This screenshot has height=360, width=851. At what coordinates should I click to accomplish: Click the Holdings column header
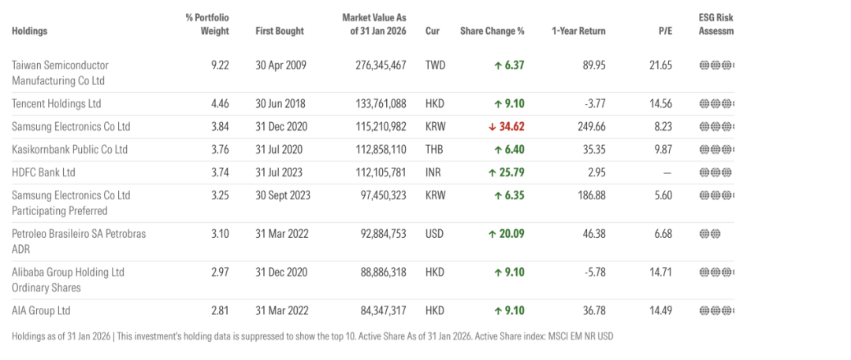pyautogui.click(x=30, y=32)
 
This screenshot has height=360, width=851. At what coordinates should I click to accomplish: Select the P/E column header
pyautogui.click(x=665, y=32)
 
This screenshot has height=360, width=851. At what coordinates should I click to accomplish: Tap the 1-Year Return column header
pyautogui.click(x=578, y=32)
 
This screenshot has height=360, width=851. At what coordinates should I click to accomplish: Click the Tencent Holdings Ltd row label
pyautogui.click(x=57, y=104)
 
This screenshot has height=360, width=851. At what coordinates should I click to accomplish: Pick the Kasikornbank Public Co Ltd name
pyautogui.click(x=69, y=150)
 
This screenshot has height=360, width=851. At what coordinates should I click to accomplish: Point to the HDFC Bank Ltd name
pyautogui.click(x=44, y=173)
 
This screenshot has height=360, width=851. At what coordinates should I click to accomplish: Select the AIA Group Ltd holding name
pyautogui.click(x=41, y=310)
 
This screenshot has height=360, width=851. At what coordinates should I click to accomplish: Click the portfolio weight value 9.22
pyautogui.click(x=220, y=65)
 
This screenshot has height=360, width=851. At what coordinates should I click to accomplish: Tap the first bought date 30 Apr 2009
pyautogui.click(x=280, y=65)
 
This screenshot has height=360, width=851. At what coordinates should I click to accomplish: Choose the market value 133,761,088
pyautogui.click(x=380, y=104)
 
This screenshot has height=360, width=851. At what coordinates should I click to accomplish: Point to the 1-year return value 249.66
pyautogui.click(x=589, y=127)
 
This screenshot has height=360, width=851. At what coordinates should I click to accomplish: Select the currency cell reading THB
pyautogui.click(x=435, y=150)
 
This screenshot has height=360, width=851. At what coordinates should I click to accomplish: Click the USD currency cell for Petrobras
pyautogui.click(x=435, y=234)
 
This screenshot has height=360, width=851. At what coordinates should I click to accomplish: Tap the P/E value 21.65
pyautogui.click(x=660, y=65)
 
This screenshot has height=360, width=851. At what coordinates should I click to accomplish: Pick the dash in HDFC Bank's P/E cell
pyautogui.click(x=667, y=173)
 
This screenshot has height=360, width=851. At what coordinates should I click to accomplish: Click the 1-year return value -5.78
pyautogui.click(x=592, y=273)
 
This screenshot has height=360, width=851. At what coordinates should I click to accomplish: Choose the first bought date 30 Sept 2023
pyautogui.click(x=282, y=195)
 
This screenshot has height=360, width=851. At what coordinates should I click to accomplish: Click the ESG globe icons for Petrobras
pyautogui.click(x=710, y=234)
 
